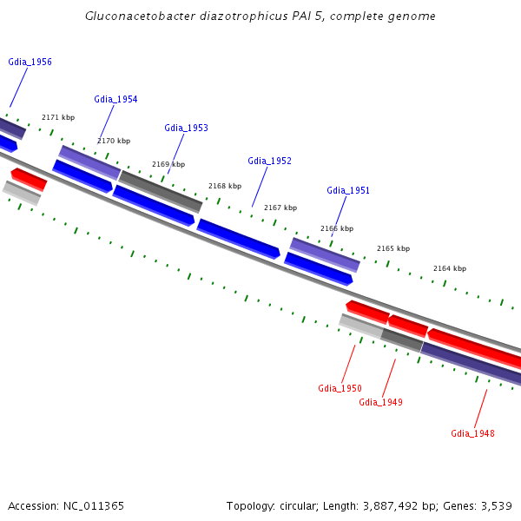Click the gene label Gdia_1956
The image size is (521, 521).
tap(30, 63)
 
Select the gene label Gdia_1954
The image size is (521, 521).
tap(115, 100)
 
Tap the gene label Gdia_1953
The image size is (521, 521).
tap(186, 129)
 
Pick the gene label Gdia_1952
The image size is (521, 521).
tap(269, 161)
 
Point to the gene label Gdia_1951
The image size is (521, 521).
tap(348, 191)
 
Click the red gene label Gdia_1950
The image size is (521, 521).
tap(340, 389)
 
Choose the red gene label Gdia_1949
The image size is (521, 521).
tap(380, 402)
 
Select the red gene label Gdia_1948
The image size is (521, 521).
tap(472, 433)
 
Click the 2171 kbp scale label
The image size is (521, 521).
tap(58, 117)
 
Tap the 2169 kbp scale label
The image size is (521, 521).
tap(168, 164)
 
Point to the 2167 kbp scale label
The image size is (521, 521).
tap(280, 208)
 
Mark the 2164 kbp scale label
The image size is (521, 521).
tap(450, 268)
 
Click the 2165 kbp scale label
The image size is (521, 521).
tap(393, 248)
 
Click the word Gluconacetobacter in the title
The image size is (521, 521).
tap(139, 16)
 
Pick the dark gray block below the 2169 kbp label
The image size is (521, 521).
tap(161, 191)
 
